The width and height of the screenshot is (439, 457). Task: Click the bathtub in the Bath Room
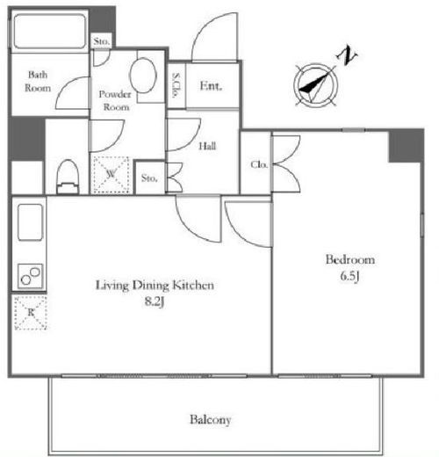pos(49,31)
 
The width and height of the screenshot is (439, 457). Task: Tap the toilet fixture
pos(68,177)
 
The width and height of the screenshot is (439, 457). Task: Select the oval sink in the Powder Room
pos(143,76)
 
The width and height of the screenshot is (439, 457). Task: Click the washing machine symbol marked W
pos(111,175)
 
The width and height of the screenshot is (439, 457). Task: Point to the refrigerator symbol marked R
pos(31,313)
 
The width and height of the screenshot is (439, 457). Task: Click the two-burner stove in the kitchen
pos(31,276)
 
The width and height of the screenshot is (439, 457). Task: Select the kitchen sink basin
pos(31,222)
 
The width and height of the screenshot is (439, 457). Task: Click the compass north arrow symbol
pos(315,86)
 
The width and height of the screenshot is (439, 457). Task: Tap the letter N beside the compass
pos(347,55)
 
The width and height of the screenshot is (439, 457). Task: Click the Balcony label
pos(211,419)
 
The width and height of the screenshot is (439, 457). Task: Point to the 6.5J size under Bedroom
pos(349,276)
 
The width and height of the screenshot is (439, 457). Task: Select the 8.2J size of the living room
pos(155,301)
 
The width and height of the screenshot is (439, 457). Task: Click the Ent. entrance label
pos(211,86)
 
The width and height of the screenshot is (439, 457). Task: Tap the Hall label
pos(207,146)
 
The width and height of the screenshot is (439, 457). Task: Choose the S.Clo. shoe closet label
pos(176,85)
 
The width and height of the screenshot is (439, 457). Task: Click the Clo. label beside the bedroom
pos(259,164)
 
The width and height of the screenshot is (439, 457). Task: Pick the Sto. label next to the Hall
pos(149,178)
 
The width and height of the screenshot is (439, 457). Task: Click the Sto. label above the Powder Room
pos(102,41)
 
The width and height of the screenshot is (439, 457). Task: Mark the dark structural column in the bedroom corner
pos(406,146)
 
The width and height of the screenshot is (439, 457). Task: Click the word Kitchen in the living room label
pos(193,286)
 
